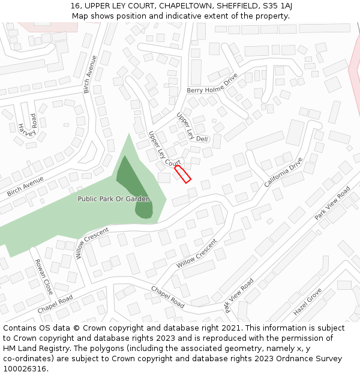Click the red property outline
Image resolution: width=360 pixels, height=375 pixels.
click(182, 174)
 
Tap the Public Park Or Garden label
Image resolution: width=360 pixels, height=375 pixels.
click(113, 199)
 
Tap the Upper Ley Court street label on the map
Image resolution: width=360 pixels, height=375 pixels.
click(164, 149)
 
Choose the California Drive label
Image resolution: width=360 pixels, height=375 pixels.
click(284, 172)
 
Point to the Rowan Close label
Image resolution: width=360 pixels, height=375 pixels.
click(44, 275)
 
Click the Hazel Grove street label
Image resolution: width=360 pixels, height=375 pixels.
click(308, 303)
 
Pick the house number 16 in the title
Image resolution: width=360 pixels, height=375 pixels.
click(75, 6)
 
